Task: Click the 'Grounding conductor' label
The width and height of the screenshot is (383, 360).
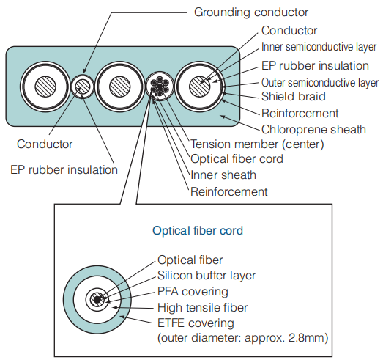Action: (251, 12)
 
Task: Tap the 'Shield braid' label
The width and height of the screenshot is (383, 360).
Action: (294, 96)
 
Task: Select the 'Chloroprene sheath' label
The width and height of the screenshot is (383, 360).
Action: (313, 130)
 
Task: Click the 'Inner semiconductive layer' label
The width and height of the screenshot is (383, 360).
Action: (319, 47)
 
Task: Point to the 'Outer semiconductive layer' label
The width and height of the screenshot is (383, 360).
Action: (320, 83)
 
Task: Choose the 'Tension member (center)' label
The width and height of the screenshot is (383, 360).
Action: (257, 144)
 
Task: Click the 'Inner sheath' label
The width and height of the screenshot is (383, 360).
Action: (223, 175)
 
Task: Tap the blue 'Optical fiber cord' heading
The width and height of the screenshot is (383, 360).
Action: (198, 231)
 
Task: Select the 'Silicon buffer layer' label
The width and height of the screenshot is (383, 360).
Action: (207, 276)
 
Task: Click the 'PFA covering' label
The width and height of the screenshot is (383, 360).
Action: (193, 292)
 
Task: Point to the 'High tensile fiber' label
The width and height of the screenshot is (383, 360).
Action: (203, 307)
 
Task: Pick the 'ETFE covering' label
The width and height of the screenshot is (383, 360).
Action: (196, 323)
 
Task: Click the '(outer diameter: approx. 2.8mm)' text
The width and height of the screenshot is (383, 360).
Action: (243, 338)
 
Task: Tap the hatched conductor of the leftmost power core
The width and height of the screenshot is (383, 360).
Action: (45, 87)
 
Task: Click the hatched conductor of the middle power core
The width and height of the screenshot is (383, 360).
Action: (119, 87)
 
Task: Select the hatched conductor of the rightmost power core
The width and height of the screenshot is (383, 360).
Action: (200, 87)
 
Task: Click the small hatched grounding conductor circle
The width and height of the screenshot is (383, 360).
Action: (83, 87)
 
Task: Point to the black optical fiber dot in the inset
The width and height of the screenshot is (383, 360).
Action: (97, 300)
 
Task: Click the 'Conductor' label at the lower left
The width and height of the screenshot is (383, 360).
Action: (45, 144)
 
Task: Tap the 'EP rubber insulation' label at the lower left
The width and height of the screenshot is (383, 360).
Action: (64, 169)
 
